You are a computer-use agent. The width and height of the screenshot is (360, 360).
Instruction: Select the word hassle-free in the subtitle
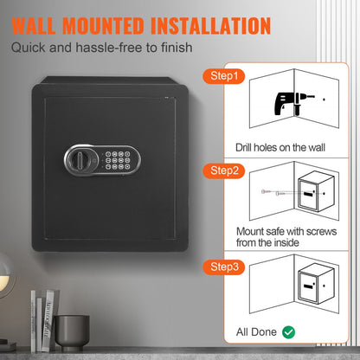pyautogui.click(x=104, y=48)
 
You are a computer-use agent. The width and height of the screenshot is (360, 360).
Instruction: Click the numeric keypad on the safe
pyautogui.click(x=116, y=160)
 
